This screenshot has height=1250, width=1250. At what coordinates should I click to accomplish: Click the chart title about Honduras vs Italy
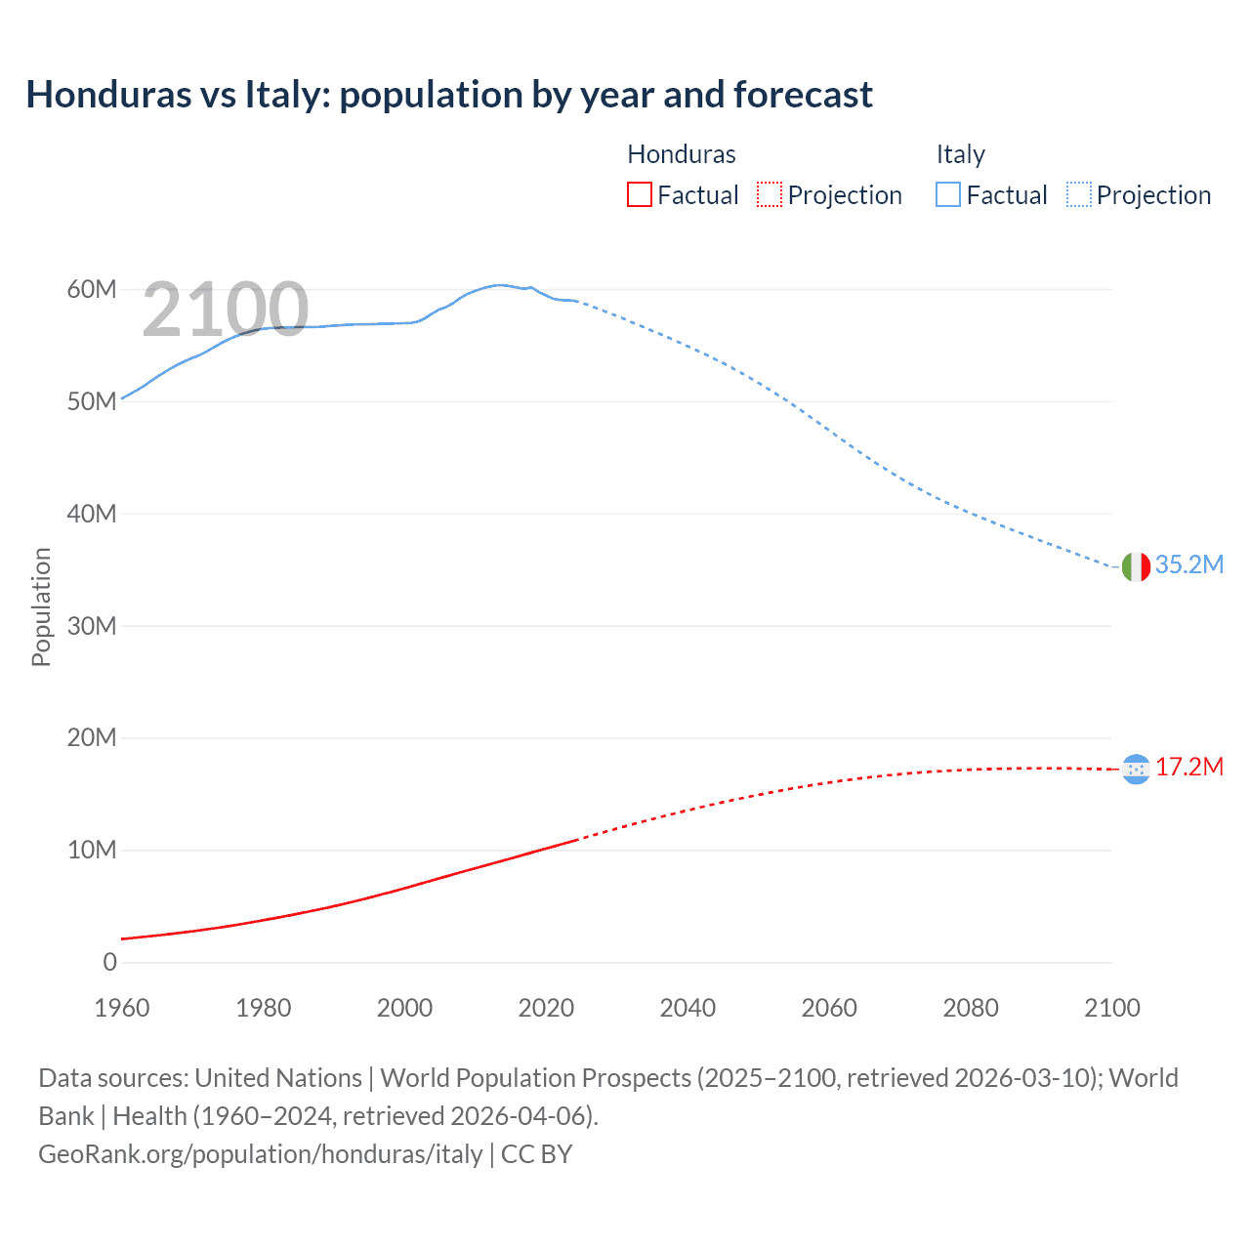pos(449,95)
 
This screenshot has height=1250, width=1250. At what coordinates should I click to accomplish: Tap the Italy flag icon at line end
pos(1136,566)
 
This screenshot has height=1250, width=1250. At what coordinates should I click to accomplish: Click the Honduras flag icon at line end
pos(1136,770)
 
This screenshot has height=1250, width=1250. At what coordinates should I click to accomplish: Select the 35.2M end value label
pos(1188,565)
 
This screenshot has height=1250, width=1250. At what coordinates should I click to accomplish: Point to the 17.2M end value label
pos(1188,768)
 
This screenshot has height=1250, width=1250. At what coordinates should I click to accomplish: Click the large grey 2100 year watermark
pos(226,310)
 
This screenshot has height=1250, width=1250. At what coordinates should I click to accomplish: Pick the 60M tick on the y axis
pos(92,290)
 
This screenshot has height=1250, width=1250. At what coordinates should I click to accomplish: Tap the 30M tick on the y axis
pos(92,626)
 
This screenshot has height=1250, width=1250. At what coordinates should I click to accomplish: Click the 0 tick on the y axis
pos(109,963)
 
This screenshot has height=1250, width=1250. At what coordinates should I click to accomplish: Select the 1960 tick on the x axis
pos(122,1008)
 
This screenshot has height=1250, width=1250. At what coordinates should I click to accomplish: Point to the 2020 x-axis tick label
pos(546,1008)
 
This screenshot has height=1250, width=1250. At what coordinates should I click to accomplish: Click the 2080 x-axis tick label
pos(970,1008)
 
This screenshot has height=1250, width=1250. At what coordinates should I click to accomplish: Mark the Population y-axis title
pos(41,606)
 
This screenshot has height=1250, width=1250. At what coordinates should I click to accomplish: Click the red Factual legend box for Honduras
pos(639,195)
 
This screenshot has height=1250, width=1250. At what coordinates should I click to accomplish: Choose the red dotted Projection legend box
pos(770,195)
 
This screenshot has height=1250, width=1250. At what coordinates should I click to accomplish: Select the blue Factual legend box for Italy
pos(947,195)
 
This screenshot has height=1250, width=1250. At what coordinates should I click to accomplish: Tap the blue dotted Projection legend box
pos(1078,195)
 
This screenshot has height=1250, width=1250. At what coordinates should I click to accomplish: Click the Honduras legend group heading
pos(681,154)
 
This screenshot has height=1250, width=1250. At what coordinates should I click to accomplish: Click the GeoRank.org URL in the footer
pos(261,1154)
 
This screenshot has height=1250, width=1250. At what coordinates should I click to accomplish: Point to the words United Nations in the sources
pos(278,1078)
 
